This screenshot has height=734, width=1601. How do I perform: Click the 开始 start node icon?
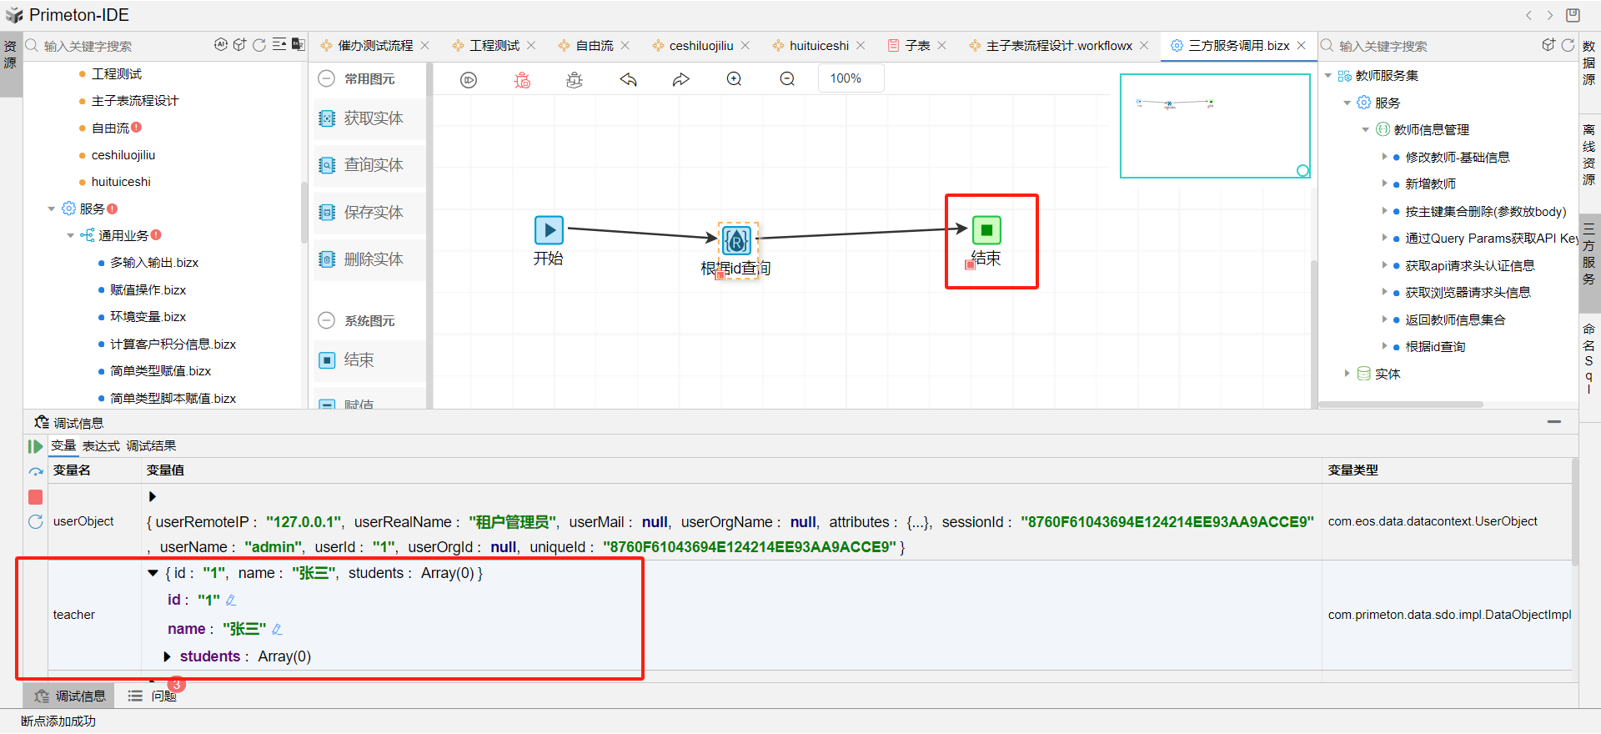pyautogui.click(x=549, y=230)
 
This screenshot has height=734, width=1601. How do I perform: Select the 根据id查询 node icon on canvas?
pyautogui.click(x=736, y=241)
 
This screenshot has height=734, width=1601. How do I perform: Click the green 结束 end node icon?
pyautogui.click(x=986, y=230)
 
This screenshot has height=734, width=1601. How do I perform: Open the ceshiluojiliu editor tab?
pyautogui.click(x=700, y=46)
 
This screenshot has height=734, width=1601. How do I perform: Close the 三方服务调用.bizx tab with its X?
pyautogui.click(x=1302, y=46)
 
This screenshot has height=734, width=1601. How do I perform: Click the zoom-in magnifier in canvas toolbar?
pyautogui.click(x=734, y=79)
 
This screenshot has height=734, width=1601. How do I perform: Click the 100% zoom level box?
pyautogui.click(x=846, y=78)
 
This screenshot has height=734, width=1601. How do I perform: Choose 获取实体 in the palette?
pyautogui.click(x=373, y=118)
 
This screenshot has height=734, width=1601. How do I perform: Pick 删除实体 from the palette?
pyautogui.click(x=373, y=259)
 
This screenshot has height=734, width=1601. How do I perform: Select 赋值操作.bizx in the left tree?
pyautogui.click(x=148, y=290)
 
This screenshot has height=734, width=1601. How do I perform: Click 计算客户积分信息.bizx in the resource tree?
pyautogui.click(x=173, y=344)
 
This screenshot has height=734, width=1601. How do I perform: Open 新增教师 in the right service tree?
pyautogui.click(x=1430, y=184)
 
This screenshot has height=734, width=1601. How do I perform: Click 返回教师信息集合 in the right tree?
pyautogui.click(x=1455, y=320)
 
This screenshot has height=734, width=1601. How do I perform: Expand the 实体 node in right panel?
pyautogui.click(x=1347, y=374)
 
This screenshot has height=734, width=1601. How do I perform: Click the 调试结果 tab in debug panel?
pyautogui.click(x=151, y=446)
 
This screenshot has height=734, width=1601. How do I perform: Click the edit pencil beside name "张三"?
pyautogui.click(x=278, y=630)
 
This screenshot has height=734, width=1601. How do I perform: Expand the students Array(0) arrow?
pyautogui.click(x=168, y=657)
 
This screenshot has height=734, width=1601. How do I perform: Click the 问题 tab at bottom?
pyautogui.click(x=163, y=696)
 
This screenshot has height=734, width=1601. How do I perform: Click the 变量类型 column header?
pyautogui.click(x=1353, y=470)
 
